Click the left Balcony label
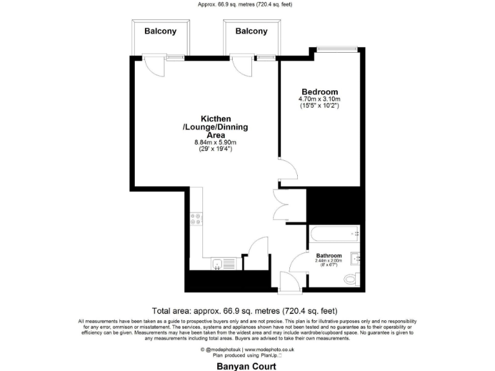[160, 31]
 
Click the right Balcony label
[251, 31]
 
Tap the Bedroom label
[320, 91]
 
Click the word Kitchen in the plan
[216, 119]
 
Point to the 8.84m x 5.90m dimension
[216, 142]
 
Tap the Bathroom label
[329, 256]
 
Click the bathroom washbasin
[356, 258]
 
